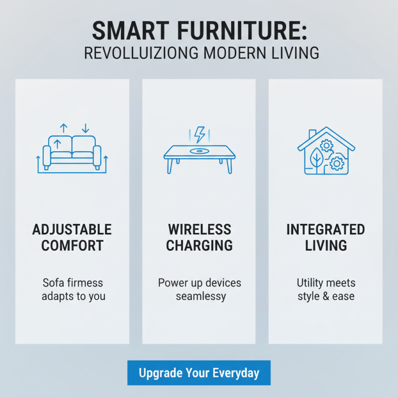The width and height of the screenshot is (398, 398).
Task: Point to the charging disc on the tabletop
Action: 199,151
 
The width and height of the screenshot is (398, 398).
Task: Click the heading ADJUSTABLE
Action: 72,230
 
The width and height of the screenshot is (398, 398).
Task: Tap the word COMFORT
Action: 72,246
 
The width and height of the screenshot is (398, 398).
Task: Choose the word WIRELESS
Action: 199,230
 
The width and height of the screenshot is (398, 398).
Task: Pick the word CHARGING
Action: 199,246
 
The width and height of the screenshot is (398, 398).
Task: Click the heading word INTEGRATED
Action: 326,230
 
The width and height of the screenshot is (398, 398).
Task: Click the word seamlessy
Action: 200,297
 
